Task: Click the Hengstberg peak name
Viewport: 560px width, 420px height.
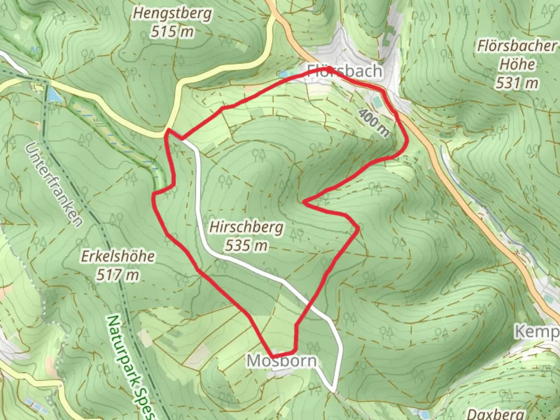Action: pyautogui.click(x=172, y=14)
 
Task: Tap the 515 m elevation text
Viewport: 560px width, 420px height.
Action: pyautogui.click(x=172, y=31)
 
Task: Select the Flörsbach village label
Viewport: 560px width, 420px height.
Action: pyautogui.click(x=344, y=71)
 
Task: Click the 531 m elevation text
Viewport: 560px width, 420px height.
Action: pyautogui.click(x=517, y=83)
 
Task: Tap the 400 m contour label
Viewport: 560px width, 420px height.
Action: pyautogui.click(x=373, y=122)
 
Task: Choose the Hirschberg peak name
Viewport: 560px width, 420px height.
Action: pyautogui.click(x=246, y=227)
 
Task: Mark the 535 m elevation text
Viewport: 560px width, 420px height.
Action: pyautogui.click(x=246, y=245)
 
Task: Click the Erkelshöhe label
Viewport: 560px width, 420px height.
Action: pyautogui.click(x=118, y=256)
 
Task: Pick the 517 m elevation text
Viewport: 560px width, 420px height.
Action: pyautogui.click(x=118, y=275)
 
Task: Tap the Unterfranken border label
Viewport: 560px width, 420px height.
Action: pyautogui.click(x=55, y=185)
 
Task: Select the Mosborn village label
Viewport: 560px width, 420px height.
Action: pyautogui.click(x=282, y=361)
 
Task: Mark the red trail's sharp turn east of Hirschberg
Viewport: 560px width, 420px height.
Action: pyautogui.click(x=304, y=201)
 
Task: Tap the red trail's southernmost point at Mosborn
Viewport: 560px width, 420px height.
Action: pyautogui.click(x=273, y=356)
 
